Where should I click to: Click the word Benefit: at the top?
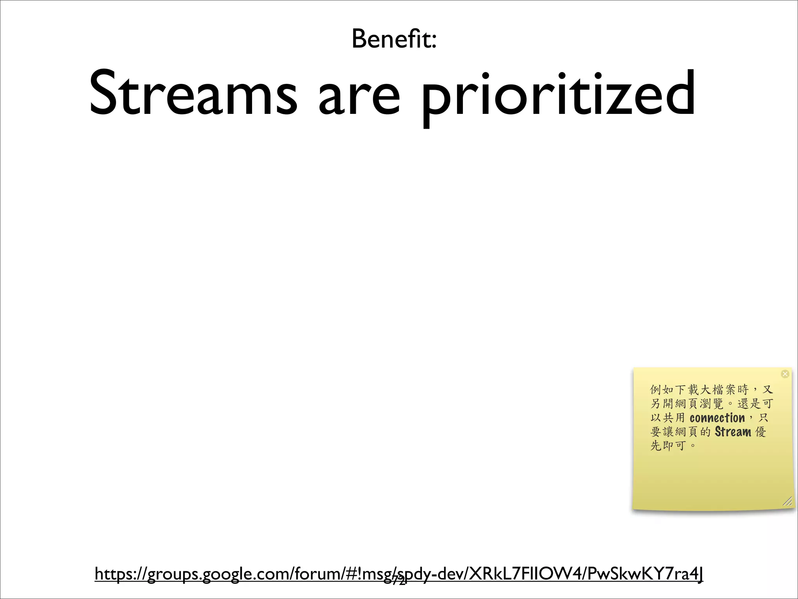(x=394, y=39)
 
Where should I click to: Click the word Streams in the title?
(x=193, y=94)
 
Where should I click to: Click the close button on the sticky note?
(x=785, y=374)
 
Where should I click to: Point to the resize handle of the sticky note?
(x=787, y=502)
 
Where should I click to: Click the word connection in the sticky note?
(x=717, y=418)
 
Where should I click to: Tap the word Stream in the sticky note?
(x=733, y=432)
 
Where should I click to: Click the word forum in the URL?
(x=318, y=574)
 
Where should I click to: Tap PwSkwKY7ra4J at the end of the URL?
(x=645, y=574)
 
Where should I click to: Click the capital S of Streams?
(x=105, y=94)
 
